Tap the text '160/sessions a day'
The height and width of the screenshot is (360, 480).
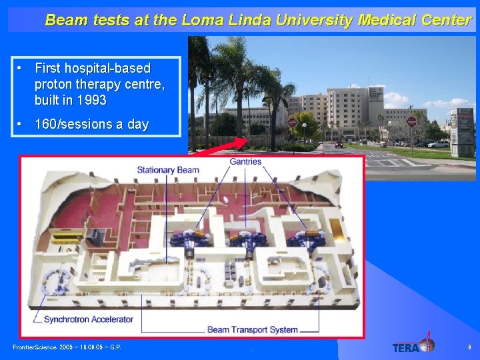[x=91, y=125]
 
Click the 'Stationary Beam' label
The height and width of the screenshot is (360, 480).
[x=168, y=170]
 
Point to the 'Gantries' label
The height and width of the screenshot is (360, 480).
[x=245, y=161]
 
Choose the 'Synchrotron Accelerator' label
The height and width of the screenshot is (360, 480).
[x=89, y=319]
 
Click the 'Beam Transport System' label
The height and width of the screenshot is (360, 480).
[x=253, y=329]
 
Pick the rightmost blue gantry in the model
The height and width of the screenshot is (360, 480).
[x=307, y=239]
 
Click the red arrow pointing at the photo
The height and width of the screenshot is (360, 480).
[x=227, y=146]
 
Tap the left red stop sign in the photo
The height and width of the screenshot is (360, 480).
[x=292, y=123]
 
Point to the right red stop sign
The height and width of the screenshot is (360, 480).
[x=411, y=121]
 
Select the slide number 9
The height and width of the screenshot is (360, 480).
[x=469, y=347]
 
